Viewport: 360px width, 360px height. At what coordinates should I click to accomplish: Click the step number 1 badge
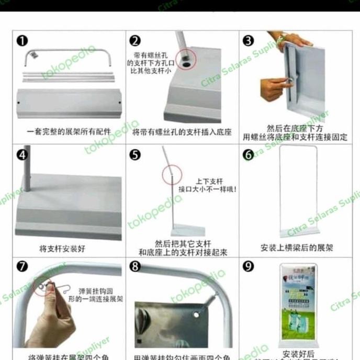[22, 41]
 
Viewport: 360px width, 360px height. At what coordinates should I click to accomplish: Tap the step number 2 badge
[135, 41]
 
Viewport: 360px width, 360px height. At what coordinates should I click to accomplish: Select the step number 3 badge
[249, 41]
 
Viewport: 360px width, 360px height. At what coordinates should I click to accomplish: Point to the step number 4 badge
[22, 155]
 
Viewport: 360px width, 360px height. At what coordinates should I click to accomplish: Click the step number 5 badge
[135, 155]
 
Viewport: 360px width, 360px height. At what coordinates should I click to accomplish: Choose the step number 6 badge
[249, 155]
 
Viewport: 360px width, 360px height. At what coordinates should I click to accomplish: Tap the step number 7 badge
[22, 267]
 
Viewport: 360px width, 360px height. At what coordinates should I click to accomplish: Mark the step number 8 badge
[135, 267]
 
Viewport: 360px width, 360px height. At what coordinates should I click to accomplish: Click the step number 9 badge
[249, 266]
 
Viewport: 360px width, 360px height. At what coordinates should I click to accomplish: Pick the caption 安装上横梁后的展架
[296, 248]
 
